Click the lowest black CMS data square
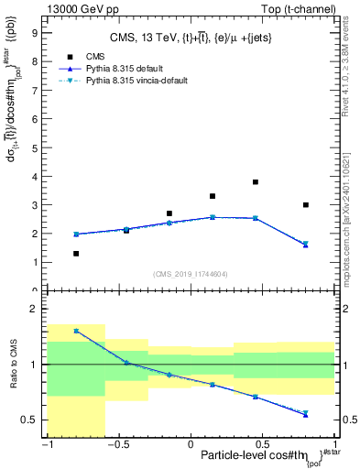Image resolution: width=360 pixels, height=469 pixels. [x=76, y=254]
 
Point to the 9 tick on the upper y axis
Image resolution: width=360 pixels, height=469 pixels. [x=34, y=32]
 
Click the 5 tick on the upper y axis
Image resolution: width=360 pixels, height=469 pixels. [x=34, y=147]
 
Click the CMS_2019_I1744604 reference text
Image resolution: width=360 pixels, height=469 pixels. [x=191, y=274]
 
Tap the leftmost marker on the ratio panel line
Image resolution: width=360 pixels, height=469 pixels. [x=76, y=331]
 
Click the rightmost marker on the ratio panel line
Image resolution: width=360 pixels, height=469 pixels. [x=306, y=414]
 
